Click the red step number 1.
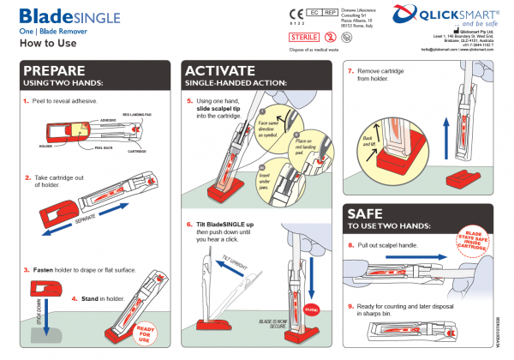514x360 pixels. pos(26,100)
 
